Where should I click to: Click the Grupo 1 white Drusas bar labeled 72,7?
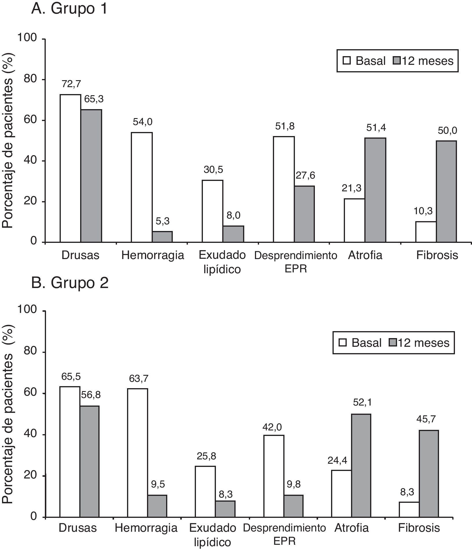point(70,168)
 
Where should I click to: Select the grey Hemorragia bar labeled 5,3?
point(162,236)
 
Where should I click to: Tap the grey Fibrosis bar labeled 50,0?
point(446,191)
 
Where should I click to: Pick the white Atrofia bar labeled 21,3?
point(354,220)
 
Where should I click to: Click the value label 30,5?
point(213,170)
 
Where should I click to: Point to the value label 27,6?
point(305,175)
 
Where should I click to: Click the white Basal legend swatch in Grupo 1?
point(347,60)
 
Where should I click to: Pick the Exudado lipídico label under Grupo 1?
point(222,262)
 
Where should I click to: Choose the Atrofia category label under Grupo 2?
point(352,528)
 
